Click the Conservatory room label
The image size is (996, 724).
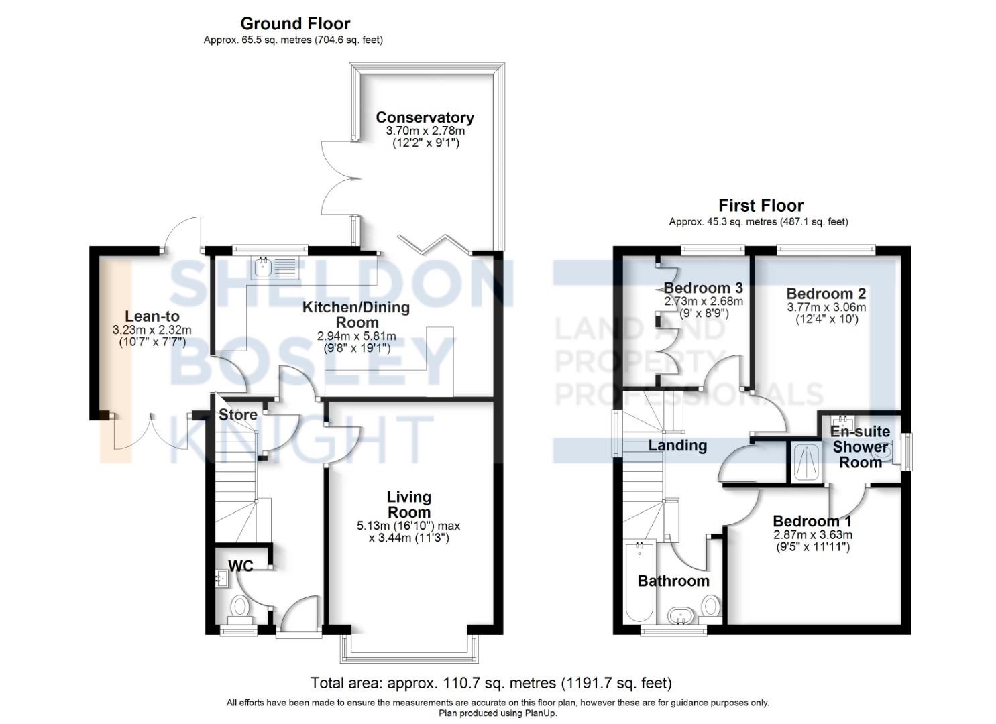point(425,117)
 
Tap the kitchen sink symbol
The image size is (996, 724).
point(262,269)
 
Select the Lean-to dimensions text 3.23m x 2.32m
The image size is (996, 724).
point(152,330)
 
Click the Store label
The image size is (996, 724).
point(238,415)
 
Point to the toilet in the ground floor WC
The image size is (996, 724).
point(239,608)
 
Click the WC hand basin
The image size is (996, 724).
point(221,577)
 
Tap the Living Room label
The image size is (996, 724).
point(408,504)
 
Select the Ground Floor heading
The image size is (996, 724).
point(295,24)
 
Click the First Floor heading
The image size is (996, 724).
point(761,206)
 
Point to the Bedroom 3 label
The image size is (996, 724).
point(703,288)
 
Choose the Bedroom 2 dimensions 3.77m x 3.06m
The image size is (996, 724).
point(826,308)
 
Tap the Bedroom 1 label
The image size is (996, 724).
point(812,521)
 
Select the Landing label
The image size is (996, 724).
point(677,446)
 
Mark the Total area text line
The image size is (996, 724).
point(490,683)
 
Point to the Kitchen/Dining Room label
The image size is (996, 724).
point(356,314)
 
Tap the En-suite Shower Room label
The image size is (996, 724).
point(861,446)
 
